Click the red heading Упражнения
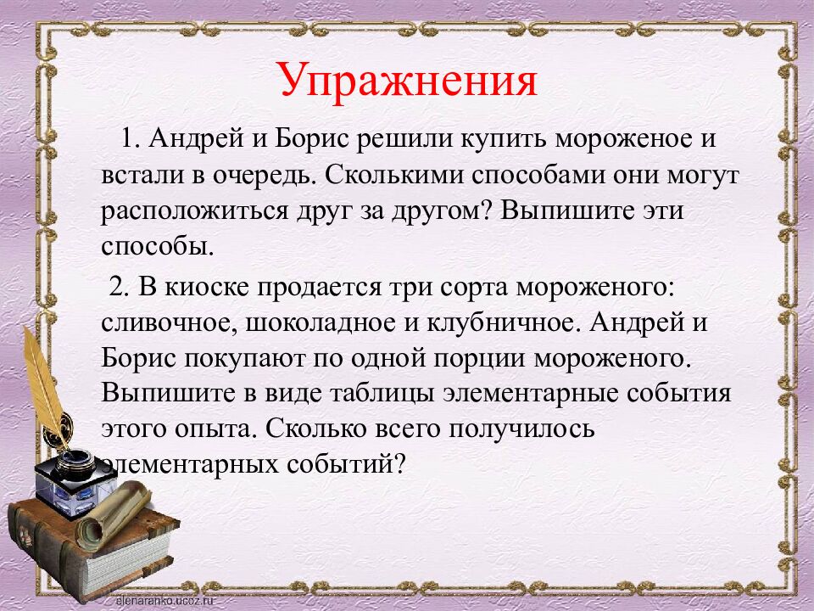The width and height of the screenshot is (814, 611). tap(407, 82)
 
